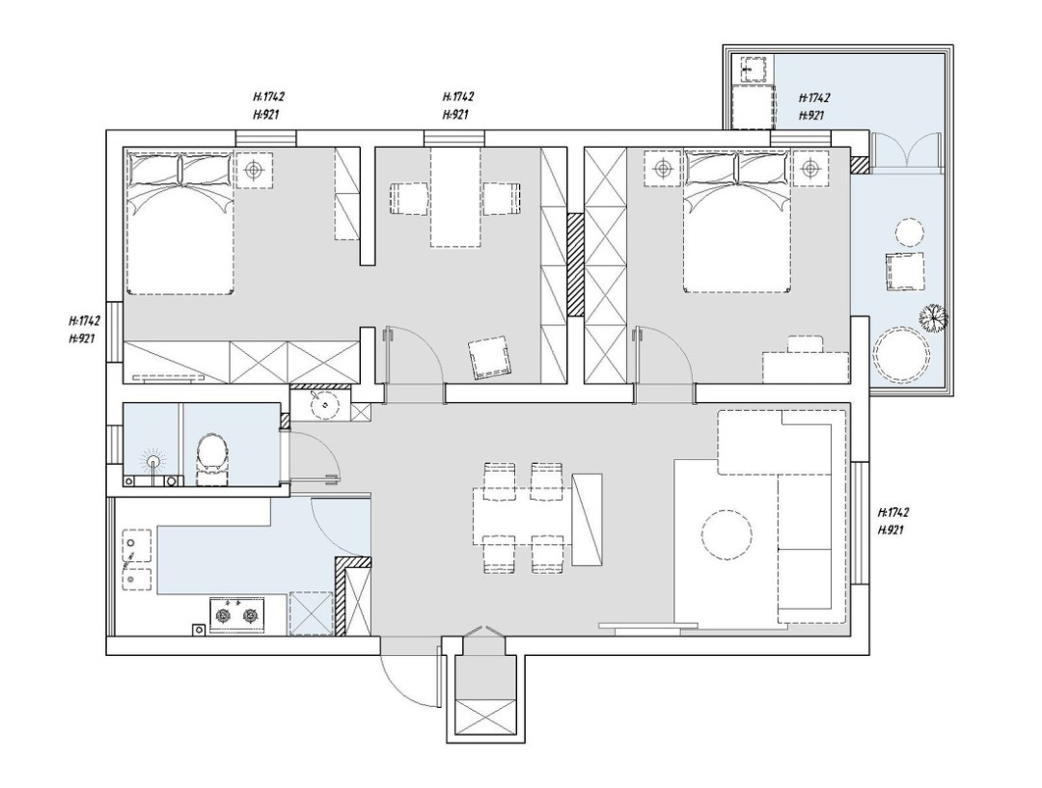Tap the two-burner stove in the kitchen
[x=236, y=615]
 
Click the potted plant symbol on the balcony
[x=933, y=317]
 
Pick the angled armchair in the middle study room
[x=492, y=358]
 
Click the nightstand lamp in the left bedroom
[x=254, y=170]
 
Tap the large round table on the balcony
[x=902, y=355]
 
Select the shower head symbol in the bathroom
[x=153, y=460]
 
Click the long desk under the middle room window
[x=455, y=198]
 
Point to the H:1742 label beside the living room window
[x=892, y=513]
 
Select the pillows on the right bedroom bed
[x=738, y=169]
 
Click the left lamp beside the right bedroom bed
[x=663, y=170]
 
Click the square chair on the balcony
[x=904, y=272]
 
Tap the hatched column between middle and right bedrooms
[x=575, y=264]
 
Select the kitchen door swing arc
[x=338, y=530]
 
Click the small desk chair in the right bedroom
[x=806, y=343]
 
